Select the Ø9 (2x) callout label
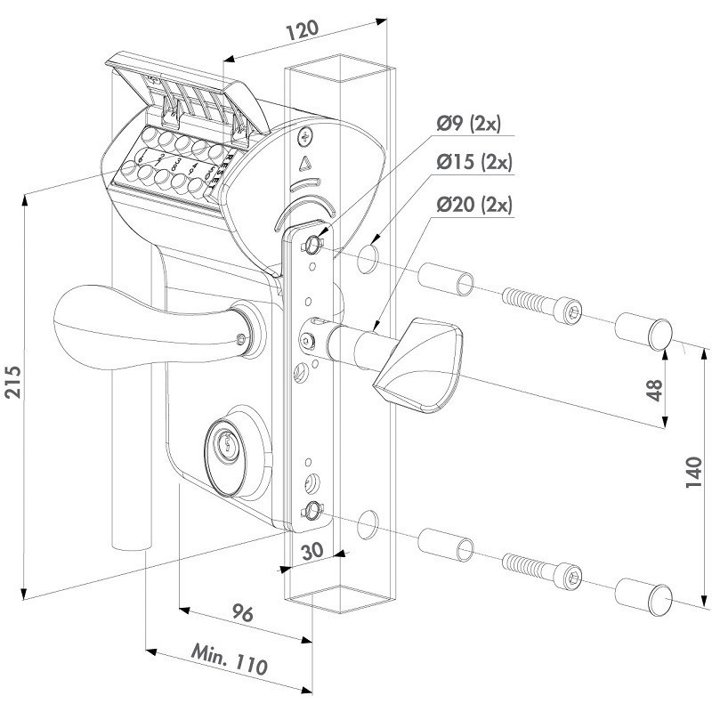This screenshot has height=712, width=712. (x=472, y=124)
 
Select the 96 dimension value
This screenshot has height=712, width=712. (x=243, y=615)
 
